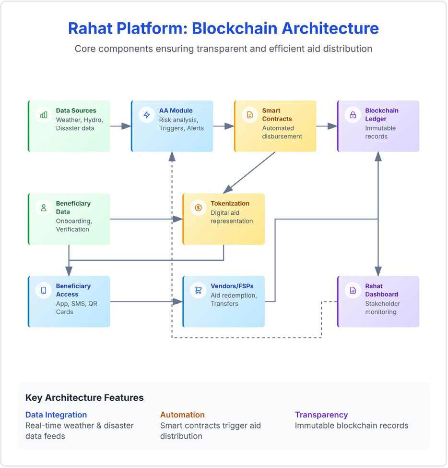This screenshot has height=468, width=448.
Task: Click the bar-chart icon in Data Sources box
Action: click(44, 115)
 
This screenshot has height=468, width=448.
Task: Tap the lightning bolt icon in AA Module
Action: click(147, 115)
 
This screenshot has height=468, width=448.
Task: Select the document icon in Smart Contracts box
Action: click(250, 115)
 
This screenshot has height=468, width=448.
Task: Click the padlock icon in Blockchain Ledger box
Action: click(353, 115)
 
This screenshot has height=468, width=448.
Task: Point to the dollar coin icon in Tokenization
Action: click(198, 208)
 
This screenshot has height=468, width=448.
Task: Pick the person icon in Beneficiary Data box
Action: click(44, 208)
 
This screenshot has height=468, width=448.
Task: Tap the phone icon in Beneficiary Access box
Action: click(44, 290)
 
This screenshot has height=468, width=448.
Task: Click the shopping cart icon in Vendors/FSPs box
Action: click(198, 290)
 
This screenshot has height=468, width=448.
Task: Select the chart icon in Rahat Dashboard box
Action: click(353, 290)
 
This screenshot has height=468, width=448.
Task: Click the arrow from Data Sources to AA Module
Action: click(120, 126)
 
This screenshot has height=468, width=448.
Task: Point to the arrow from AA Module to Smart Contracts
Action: click(224, 126)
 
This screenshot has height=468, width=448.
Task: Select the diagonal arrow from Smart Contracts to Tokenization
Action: click(249, 172)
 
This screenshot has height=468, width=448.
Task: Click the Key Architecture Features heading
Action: click(84, 398)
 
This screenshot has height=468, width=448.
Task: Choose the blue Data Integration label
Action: click(56, 415)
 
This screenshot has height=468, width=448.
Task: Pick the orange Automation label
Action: click(182, 415)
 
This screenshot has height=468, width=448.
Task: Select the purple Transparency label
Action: click(321, 415)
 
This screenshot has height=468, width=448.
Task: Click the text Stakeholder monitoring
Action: click(382, 308)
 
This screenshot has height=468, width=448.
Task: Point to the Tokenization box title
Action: click(230, 204)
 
